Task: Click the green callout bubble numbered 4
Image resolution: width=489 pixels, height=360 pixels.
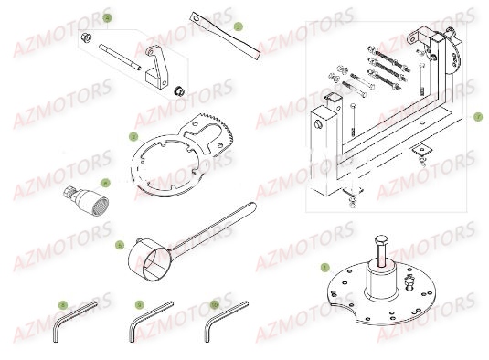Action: pos(106,18)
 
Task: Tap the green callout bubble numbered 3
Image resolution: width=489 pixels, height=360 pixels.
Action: pos(238,26)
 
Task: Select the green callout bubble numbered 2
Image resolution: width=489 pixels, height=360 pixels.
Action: pos(133,137)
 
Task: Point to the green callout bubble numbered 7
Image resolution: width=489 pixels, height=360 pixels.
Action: pos(476,117)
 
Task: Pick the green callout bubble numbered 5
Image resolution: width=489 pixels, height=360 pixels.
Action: pos(119,245)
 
